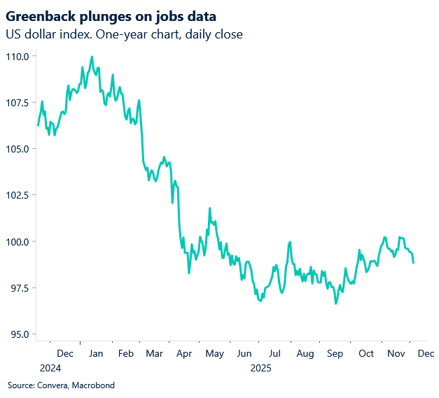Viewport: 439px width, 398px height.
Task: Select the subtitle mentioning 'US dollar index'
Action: tap(124, 34)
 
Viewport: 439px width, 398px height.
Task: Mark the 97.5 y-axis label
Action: tap(18, 288)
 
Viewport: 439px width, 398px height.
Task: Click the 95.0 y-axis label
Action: tap(18, 334)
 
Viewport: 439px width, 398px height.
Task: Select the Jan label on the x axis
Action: tap(95, 354)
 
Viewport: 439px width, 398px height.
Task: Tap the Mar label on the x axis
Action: tap(154, 354)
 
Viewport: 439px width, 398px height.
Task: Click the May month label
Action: tap(214, 354)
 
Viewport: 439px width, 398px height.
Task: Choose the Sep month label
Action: tap(335, 354)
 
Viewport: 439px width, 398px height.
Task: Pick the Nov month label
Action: tap(396, 354)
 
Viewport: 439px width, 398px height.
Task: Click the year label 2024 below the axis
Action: tap(50, 368)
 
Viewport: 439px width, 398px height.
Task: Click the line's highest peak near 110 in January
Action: tap(92, 57)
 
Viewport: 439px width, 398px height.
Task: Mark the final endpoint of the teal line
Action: tap(413, 263)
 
